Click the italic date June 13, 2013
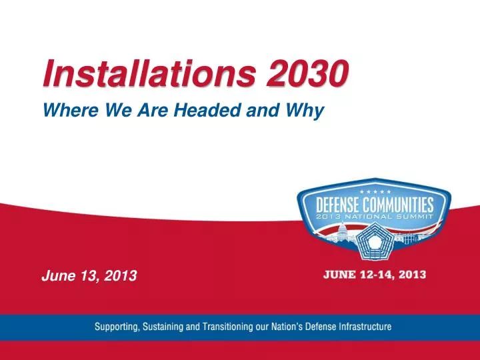[89, 274]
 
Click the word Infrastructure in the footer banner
[360, 327]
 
